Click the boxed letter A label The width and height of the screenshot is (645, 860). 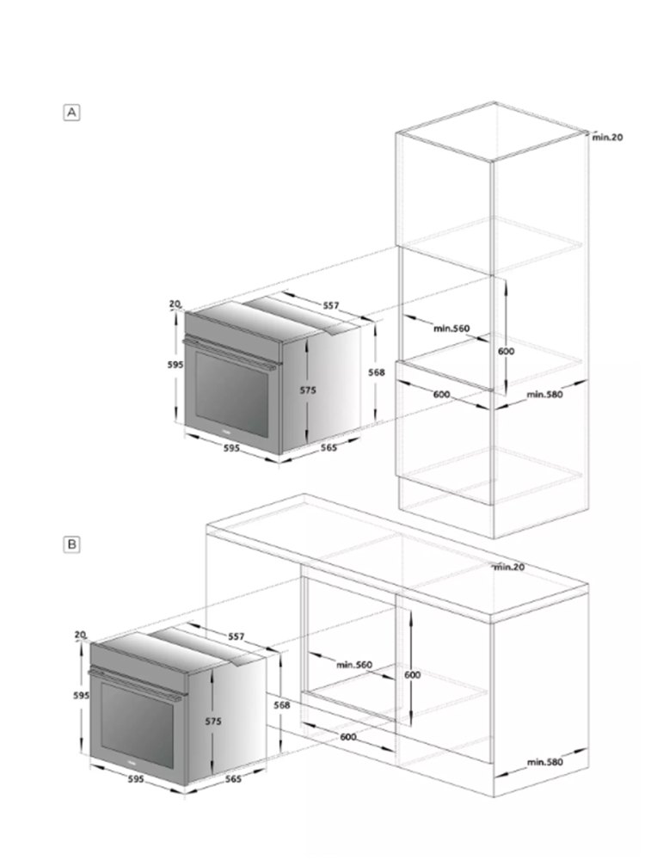click(72, 112)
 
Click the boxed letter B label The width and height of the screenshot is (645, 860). click(72, 544)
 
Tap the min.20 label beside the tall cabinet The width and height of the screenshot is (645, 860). click(607, 137)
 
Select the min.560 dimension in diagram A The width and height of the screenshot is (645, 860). click(451, 329)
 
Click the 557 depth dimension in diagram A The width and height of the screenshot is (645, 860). click(330, 305)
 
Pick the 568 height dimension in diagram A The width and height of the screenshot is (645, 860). click(376, 372)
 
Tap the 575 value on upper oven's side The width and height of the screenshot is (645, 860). click(308, 390)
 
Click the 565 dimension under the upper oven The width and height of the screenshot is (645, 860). click(328, 447)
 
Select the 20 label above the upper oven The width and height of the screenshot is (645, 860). click(175, 304)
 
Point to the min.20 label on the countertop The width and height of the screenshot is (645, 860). click(508, 567)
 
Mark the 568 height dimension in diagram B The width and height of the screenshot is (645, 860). click(282, 705)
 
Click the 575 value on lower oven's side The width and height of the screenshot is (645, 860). click(212, 722)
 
